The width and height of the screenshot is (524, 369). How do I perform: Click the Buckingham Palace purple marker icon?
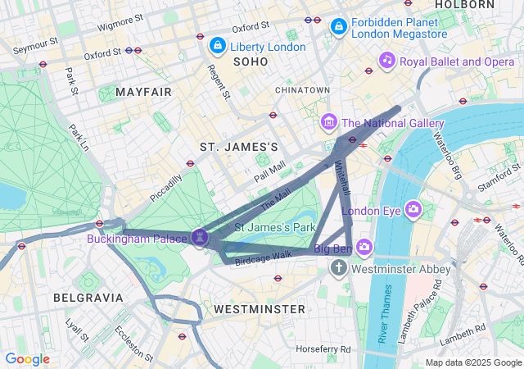coord(200,238)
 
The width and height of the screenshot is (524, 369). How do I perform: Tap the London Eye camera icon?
coord(413,210)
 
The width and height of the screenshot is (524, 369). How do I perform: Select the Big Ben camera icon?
coord(364,247)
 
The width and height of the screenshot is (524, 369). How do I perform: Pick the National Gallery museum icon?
coord(329,123)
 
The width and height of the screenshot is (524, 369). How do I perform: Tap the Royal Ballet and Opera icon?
coord(387,61)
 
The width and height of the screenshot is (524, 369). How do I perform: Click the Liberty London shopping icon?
coord(218,46)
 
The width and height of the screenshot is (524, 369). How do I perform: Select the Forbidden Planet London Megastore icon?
coord(338,28)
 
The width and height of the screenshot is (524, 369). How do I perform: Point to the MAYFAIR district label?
coord(143,92)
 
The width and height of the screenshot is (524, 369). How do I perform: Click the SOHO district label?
coord(251,61)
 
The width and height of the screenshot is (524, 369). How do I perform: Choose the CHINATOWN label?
coord(302,89)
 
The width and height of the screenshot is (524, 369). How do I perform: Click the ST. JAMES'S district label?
coord(239,146)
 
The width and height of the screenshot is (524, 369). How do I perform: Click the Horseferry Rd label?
coord(323,349)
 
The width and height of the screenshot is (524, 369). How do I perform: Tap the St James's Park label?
coord(275,226)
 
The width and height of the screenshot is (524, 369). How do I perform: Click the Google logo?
coord(27,359)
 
